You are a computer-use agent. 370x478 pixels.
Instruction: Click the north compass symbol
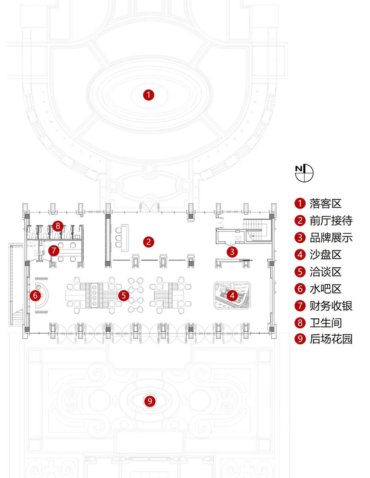pos(305,172)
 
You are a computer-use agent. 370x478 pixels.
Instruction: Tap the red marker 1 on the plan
pos(149,96)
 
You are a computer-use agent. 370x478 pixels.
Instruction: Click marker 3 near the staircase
pos(232,252)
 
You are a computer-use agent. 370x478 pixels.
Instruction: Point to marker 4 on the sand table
pos(232,295)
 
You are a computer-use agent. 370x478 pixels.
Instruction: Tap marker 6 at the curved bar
pos(35,295)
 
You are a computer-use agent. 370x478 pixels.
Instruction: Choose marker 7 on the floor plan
pos(54,250)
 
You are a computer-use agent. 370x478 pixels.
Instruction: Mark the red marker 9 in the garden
pos(150,402)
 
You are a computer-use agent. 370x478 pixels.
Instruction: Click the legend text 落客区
pos(325,204)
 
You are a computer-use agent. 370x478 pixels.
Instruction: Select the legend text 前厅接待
pos(331,221)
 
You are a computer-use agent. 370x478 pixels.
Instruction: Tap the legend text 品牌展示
pos(331,238)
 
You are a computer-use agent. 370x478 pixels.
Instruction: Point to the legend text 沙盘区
pos(325,255)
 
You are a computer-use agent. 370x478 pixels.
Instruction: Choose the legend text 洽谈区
pos(325,272)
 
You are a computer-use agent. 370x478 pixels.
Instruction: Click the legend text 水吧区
pos(325,289)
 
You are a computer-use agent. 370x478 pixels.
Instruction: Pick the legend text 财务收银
pos(331,306)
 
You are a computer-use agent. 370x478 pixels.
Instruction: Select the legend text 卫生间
pos(325,323)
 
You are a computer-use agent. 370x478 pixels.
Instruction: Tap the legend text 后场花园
pos(331,340)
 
